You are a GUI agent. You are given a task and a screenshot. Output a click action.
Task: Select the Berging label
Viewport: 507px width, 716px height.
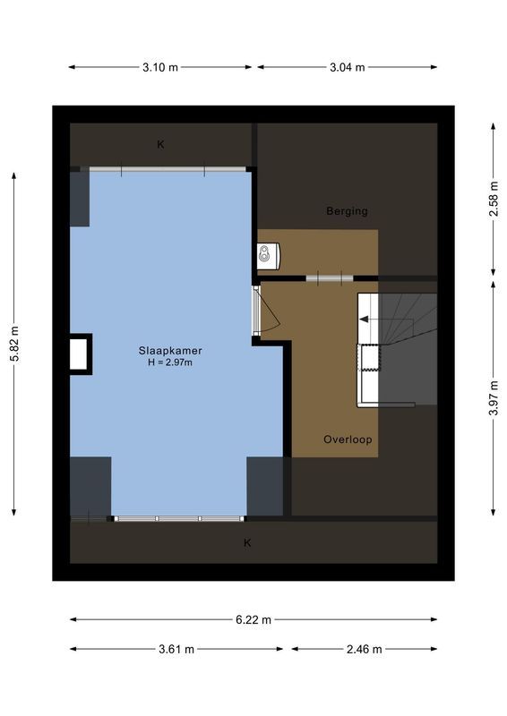pos(347,211)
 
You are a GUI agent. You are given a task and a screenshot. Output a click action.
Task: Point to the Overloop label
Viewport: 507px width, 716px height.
pos(348,440)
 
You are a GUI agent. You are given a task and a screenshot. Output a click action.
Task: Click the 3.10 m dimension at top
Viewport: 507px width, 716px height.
pos(159,67)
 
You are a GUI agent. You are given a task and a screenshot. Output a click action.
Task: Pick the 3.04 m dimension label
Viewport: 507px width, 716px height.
pos(348,67)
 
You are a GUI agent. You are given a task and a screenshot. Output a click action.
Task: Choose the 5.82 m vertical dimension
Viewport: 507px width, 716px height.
pos(14,343)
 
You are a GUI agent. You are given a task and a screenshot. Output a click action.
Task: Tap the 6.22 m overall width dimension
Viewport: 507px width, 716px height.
pos(253,618)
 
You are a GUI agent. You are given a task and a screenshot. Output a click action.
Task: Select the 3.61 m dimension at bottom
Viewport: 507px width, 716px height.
pos(176,650)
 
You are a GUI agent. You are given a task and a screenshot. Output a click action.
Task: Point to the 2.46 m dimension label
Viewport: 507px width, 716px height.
pos(365,650)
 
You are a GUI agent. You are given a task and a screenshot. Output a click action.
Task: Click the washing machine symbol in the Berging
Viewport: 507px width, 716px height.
pos(269,255)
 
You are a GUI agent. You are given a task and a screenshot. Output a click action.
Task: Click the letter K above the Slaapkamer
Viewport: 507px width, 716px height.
pos(161,144)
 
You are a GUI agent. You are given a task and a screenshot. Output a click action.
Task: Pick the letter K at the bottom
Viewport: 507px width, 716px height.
pos(248,542)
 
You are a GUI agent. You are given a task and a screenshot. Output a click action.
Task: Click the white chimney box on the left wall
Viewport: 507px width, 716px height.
pos(81,353)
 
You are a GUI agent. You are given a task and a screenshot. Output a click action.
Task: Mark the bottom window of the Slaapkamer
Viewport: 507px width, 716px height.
pos(177,518)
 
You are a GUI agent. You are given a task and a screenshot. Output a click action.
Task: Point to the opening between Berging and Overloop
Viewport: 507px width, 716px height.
pos(330,278)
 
